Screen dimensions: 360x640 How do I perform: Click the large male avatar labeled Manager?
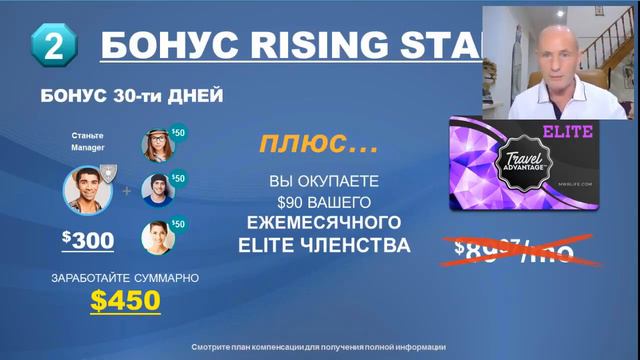point(86,188)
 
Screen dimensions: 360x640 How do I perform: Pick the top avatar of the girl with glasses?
point(158,145)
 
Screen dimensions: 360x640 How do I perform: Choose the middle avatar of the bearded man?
point(158,189)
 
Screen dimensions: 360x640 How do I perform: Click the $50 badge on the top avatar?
point(178,132)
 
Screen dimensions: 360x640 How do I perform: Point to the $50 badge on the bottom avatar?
point(178,224)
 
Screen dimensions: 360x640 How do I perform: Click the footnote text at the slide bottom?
point(319,346)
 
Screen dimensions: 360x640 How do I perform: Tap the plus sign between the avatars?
point(126,188)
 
